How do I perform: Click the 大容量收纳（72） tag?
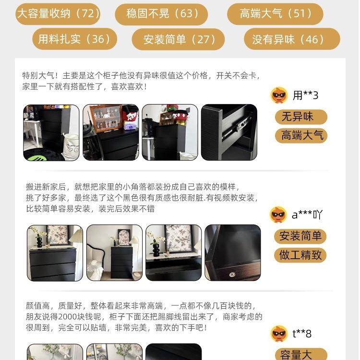tap(58, 13)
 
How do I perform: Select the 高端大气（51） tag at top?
tap(275, 13)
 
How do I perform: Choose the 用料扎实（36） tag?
tap(74, 39)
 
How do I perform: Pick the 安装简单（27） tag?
tap(178, 39)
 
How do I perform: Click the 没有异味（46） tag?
tap(291, 39)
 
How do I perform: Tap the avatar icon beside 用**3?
tap(279, 96)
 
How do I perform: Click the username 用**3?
tap(306, 96)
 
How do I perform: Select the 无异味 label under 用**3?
tap(301, 117)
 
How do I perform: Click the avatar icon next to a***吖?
tap(278, 215)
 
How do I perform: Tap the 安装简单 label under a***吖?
tap(300, 236)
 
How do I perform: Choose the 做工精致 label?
tap(300, 255)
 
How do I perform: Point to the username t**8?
tap(302, 333)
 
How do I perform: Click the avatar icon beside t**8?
tap(279, 333)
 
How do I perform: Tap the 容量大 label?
tap(301, 354)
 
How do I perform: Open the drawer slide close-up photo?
tap(229, 132)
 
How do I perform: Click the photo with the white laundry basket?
tap(51, 132)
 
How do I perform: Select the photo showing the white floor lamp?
tap(114, 252)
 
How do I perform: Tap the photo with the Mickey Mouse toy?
tap(169, 132)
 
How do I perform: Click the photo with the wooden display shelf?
tap(111, 132)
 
